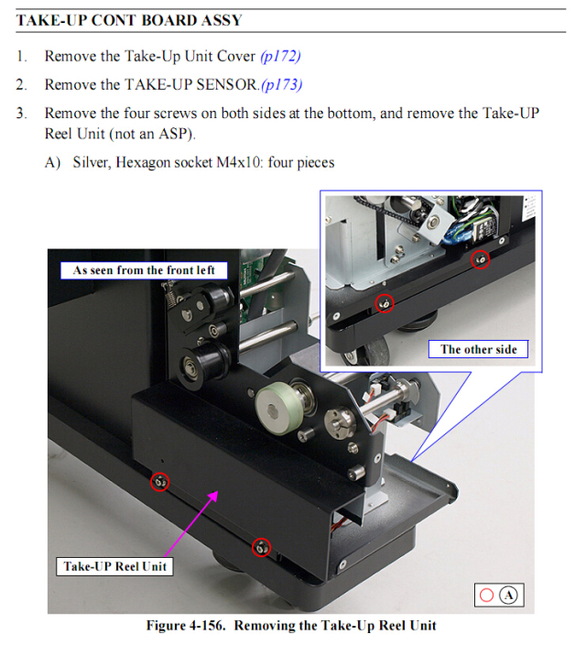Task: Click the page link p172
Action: point(280,56)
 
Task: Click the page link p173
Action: point(282,84)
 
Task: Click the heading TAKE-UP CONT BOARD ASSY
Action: point(129,20)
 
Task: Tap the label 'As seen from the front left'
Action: point(144,270)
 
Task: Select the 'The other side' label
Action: point(478,349)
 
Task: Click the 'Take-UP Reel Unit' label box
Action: point(114,566)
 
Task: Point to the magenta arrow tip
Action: point(217,492)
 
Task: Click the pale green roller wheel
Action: point(279,408)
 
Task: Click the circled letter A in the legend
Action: point(508,596)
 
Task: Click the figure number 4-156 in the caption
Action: point(207,625)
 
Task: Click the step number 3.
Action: point(21,113)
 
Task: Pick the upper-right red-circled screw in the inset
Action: point(480,259)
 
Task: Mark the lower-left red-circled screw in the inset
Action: point(385,303)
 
